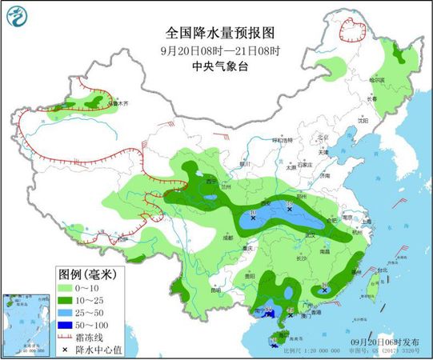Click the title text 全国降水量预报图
pos(219,34)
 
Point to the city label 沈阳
pos(363,120)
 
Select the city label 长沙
pos(300,258)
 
